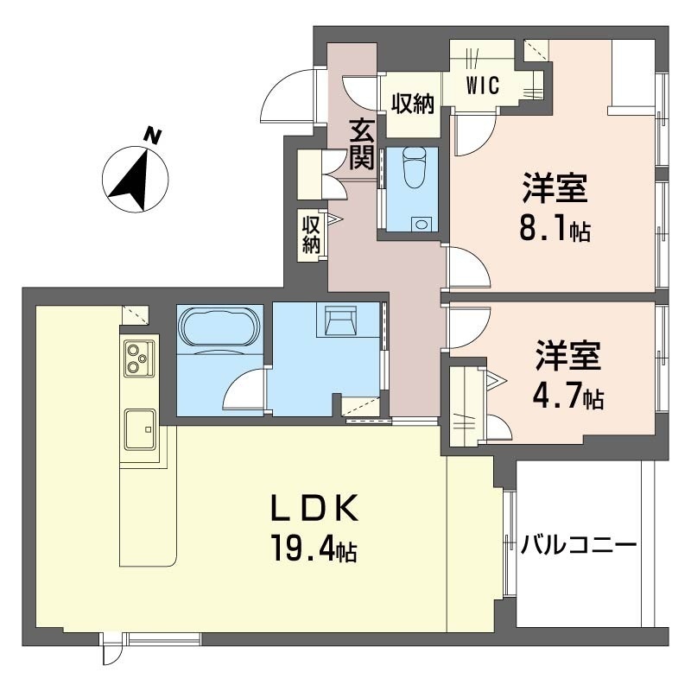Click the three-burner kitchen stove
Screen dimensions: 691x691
point(137,358)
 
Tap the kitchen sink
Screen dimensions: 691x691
point(139,428)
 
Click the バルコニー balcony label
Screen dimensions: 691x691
point(579,545)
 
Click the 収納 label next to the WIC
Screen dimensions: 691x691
point(412,104)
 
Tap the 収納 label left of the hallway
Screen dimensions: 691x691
point(311,233)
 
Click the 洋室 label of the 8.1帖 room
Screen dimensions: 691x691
point(554,188)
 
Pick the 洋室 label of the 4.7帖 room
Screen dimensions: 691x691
point(567,357)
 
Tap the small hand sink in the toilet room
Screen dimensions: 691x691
point(421,224)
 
